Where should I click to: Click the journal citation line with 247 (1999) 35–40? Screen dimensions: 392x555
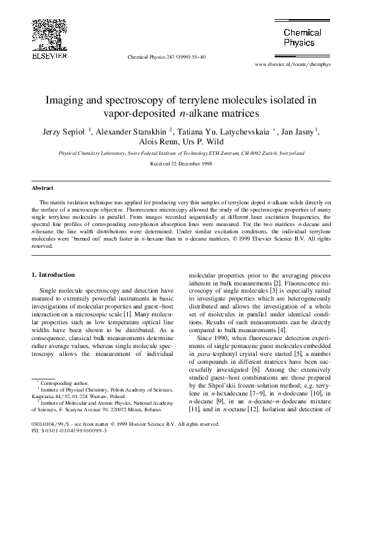coord(166,57)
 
